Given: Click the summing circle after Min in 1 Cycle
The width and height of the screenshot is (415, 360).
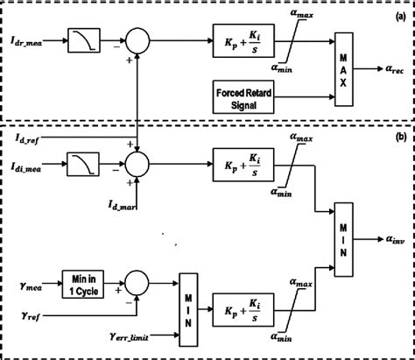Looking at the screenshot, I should tap(137, 283).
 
